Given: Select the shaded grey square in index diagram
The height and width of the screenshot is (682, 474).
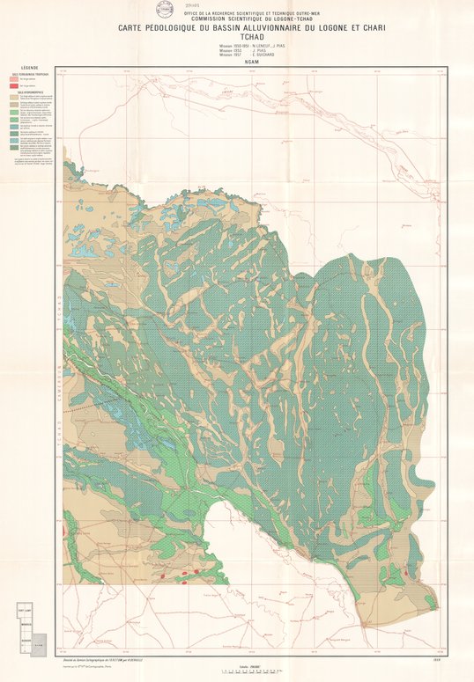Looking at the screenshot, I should (x=37, y=645).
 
